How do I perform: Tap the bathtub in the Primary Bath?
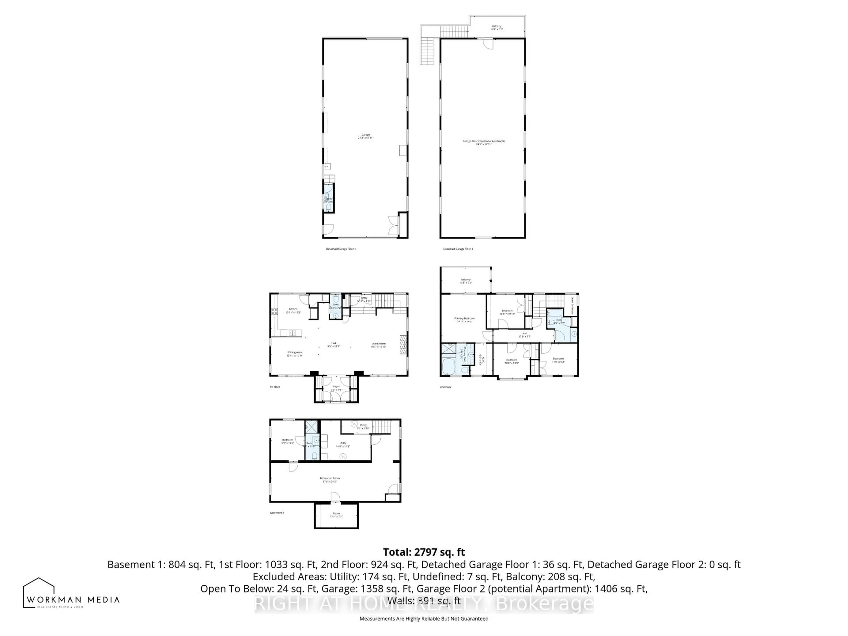point(448,367)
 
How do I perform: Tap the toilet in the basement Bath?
point(314,455)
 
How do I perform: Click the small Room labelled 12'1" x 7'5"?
point(336,515)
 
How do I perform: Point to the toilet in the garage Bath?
point(329,207)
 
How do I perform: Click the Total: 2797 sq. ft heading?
point(424,552)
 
